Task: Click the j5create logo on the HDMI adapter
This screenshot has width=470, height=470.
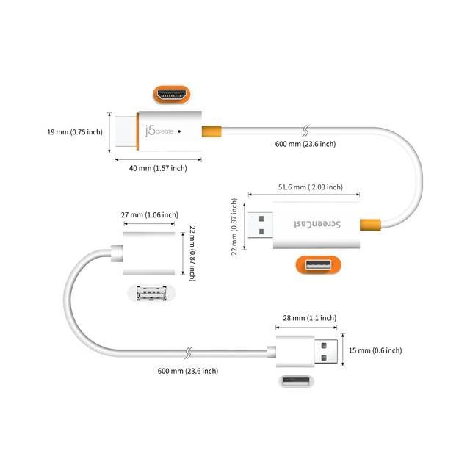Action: pyautogui.click(x=161, y=131)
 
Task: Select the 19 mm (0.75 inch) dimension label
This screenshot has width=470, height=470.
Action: pyautogui.click(x=73, y=132)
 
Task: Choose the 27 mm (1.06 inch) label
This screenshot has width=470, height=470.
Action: pyautogui.click(x=150, y=215)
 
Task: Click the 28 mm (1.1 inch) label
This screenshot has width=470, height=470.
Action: pyautogui.click(x=309, y=318)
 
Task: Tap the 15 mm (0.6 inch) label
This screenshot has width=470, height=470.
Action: pyautogui.click(x=375, y=350)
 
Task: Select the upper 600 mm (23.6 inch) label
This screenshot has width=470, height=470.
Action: pyautogui.click(x=305, y=144)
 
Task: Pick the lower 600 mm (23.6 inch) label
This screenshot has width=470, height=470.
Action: pyautogui.click(x=188, y=371)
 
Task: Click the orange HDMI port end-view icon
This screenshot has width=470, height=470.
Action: pyautogui.click(x=170, y=95)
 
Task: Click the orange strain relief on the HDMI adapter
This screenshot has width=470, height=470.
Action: pyautogui.click(x=210, y=131)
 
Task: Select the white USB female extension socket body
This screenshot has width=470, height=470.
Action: pyautogui.click(x=149, y=253)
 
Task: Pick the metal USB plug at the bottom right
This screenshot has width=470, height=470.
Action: pyautogui.click(x=328, y=350)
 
